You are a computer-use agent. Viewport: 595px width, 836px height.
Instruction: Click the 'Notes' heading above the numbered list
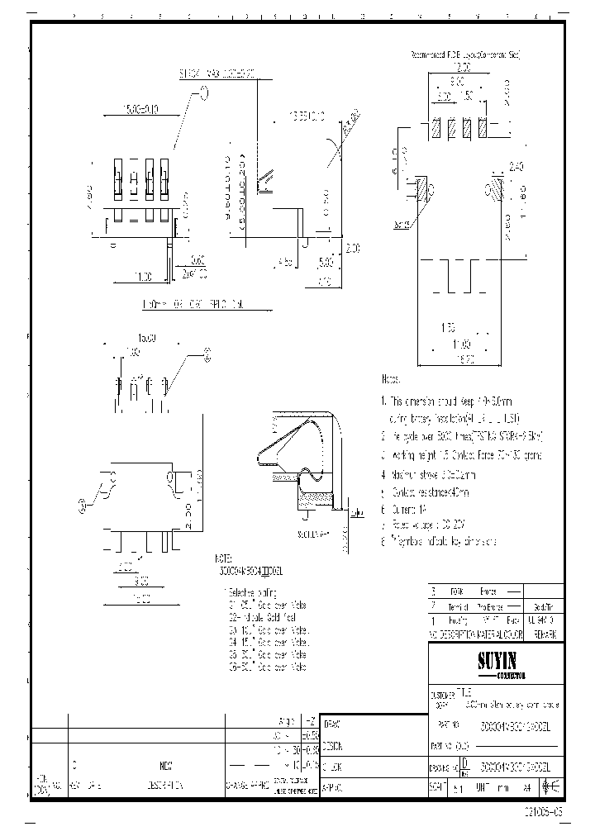[391, 379]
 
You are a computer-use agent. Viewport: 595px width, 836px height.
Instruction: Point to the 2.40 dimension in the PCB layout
[516, 166]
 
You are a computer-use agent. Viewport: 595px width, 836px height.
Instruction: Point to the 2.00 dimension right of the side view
[353, 248]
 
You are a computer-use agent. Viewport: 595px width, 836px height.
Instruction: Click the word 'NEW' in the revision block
[166, 765]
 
